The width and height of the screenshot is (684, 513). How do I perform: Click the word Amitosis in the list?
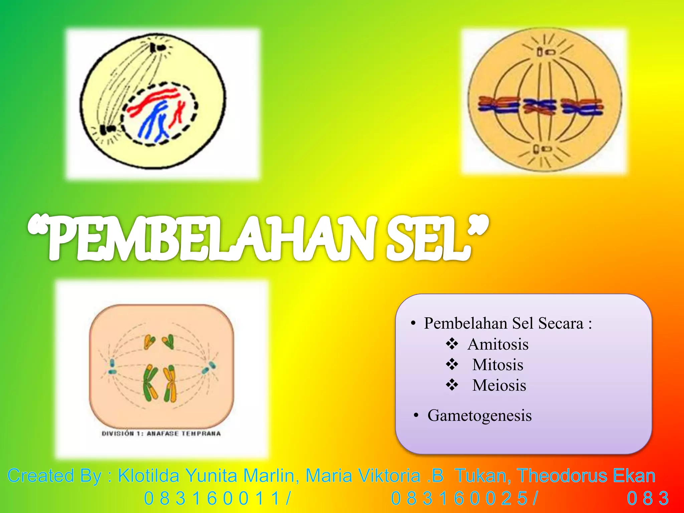click(x=498, y=344)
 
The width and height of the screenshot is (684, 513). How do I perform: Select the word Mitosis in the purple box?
click(x=498, y=365)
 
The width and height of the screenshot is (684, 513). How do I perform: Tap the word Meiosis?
click(x=499, y=385)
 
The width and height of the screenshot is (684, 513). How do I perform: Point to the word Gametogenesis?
click(x=480, y=415)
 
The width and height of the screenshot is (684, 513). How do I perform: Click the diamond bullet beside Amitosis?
click(x=452, y=344)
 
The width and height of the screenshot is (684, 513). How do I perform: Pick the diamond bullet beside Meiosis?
click(x=452, y=385)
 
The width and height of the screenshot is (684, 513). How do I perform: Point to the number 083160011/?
click(x=217, y=499)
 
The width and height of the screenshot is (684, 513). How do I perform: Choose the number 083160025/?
click(x=465, y=499)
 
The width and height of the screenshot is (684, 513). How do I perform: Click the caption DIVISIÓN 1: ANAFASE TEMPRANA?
click(x=161, y=434)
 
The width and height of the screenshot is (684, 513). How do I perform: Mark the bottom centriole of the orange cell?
click(x=541, y=149)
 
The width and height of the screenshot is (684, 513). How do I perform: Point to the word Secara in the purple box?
click(x=561, y=323)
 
